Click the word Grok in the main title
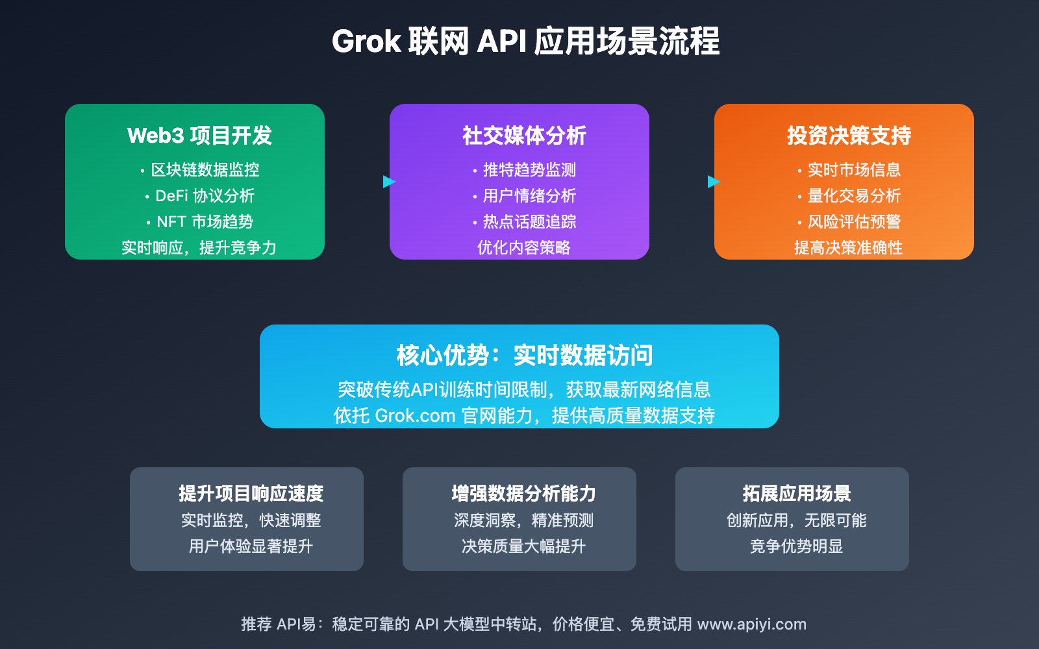click(x=366, y=42)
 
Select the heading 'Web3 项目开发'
click(x=199, y=136)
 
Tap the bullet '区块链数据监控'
click(x=205, y=170)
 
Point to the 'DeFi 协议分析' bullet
click(x=205, y=196)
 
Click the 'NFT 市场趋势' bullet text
click(x=205, y=222)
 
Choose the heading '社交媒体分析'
click(x=524, y=136)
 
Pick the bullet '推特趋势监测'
click(x=529, y=170)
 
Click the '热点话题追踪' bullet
click(x=529, y=222)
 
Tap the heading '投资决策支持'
click(x=849, y=136)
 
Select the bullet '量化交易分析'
click(x=854, y=196)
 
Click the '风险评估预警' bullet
click(x=854, y=222)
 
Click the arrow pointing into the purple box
click(x=389, y=182)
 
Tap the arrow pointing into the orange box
click(x=714, y=182)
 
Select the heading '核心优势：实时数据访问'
click(x=525, y=356)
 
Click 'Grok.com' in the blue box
click(x=415, y=415)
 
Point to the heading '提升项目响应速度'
click(x=251, y=494)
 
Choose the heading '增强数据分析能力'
click(x=523, y=494)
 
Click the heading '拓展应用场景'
click(x=796, y=494)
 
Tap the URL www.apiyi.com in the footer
click(x=751, y=624)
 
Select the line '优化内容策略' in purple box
click(x=523, y=248)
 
